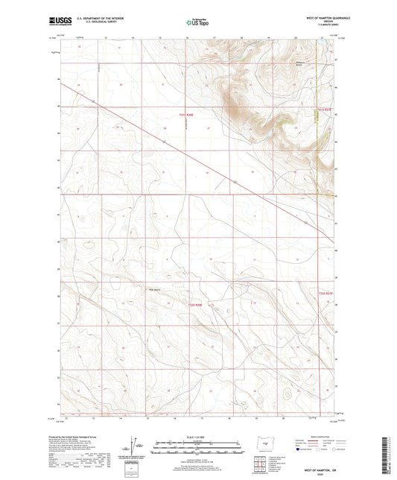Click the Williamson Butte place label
pyautogui.click(x=300, y=65)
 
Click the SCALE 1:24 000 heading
pyautogui.click(x=198, y=435)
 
